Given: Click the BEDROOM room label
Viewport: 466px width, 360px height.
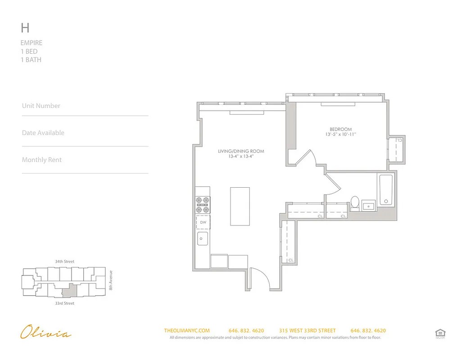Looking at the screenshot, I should [x=340, y=129].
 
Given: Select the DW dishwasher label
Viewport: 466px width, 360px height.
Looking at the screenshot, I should [x=203, y=222].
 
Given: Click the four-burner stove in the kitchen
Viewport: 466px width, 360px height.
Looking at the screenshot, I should [x=203, y=205].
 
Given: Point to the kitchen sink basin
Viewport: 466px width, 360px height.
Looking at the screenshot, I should [x=203, y=238].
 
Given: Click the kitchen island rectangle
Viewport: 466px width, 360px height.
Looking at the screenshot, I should [x=240, y=206].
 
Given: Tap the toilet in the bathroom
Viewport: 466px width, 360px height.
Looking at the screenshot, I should [x=355, y=203].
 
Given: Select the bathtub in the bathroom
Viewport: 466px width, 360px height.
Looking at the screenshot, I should [x=386, y=190].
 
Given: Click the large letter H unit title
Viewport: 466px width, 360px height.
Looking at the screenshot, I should [x=25, y=28].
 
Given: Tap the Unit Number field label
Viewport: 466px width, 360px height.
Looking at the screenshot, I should [x=41, y=106].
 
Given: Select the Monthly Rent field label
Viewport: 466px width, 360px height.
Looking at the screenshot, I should [x=42, y=160].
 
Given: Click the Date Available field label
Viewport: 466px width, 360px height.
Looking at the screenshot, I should [x=43, y=133].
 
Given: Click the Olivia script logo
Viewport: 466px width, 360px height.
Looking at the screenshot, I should [x=45, y=333].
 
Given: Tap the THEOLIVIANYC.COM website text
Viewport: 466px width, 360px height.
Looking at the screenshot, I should [x=187, y=331].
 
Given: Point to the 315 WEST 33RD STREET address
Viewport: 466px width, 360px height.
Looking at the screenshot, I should [x=307, y=331].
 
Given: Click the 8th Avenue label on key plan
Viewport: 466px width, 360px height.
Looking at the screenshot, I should [x=111, y=279].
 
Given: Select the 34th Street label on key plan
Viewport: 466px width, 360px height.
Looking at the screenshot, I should [x=64, y=261].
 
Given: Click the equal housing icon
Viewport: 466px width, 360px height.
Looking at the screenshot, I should [x=440, y=333].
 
